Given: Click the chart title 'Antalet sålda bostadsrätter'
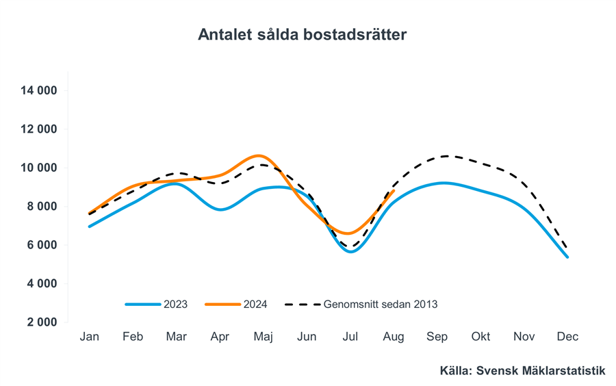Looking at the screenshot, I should coord(302,35).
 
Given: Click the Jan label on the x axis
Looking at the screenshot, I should coord(89,337).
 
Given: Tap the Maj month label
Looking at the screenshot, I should coord(264,337).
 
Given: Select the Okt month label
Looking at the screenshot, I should coord(481,337).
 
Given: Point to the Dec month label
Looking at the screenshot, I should coord(567,337).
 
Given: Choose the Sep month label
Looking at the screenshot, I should coord(437,337).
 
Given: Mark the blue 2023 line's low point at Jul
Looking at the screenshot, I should coord(350,251).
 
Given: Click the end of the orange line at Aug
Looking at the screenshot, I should coord(394,191).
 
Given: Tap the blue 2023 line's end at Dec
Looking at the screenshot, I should coord(567,257).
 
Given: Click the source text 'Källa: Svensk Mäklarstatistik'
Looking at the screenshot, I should coord(523,370).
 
